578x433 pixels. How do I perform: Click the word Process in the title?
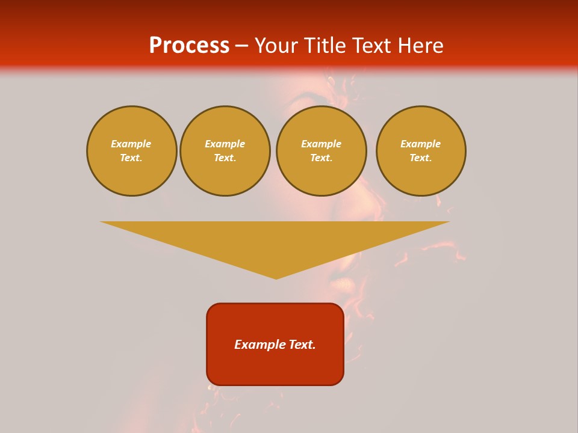pyautogui.click(x=189, y=46)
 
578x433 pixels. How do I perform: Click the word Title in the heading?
pyautogui.click(x=325, y=46)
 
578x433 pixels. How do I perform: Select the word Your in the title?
pyautogui.click(x=278, y=46)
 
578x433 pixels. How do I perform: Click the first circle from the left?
pyautogui.click(x=131, y=151)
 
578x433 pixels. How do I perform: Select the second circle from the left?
pyautogui.click(x=225, y=151)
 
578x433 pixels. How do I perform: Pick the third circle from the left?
pyautogui.click(x=321, y=151)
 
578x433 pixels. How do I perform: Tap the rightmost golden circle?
pyautogui.click(x=421, y=151)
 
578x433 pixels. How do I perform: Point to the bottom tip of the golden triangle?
pyautogui.click(x=276, y=278)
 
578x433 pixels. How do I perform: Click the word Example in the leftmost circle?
pyautogui.click(x=131, y=144)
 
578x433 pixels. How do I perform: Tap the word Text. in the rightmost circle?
pyautogui.click(x=421, y=158)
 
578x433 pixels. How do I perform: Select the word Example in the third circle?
pyautogui.click(x=321, y=144)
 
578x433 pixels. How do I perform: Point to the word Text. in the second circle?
pyautogui.click(x=225, y=158)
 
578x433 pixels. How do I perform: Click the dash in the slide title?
pyautogui.click(x=241, y=46)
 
